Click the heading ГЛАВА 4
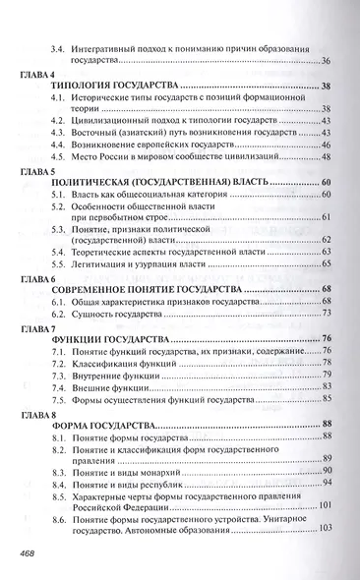pyautogui.click(x=37, y=75)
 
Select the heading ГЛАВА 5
pyautogui.click(x=37, y=170)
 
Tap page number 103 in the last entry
pyautogui.click(x=326, y=529)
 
